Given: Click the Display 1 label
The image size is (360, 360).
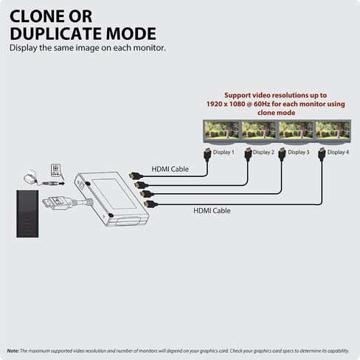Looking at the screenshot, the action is click(224, 152).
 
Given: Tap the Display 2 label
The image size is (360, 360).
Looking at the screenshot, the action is click(263, 152).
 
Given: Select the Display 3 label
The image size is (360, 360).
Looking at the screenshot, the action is click(299, 152).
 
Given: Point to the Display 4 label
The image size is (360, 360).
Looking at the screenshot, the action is click(338, 152).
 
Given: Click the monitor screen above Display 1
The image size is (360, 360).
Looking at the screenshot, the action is click(221, 130).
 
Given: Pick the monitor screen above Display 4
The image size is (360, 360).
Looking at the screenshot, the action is click(333, 130).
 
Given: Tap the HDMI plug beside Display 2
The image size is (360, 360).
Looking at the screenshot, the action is click(249, 154).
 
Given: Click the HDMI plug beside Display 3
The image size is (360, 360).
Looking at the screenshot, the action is click(282, 154).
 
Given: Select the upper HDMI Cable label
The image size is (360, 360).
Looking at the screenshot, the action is click(170, 169).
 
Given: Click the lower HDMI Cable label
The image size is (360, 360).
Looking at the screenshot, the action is click(212, 211).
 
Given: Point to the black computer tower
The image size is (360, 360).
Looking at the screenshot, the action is click(27, 214).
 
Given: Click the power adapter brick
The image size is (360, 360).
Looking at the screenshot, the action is click(30, 176).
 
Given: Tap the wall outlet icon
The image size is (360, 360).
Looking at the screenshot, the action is click(55, 170).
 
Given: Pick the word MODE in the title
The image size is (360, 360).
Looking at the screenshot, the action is click(131, 34).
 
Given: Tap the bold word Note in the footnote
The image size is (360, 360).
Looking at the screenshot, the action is click(13, 351).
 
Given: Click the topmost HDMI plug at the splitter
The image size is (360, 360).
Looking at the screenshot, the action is click(136, 176).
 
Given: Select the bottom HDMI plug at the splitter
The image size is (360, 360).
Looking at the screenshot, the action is click(150, 204).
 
